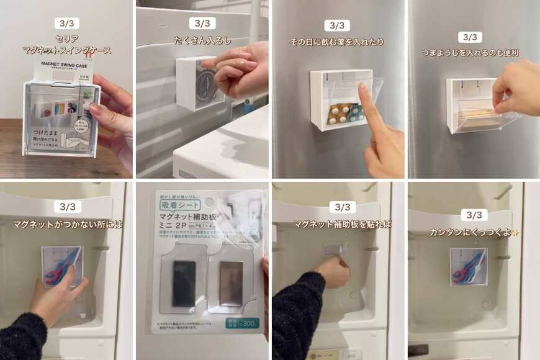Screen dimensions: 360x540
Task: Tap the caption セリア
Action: (67, 39)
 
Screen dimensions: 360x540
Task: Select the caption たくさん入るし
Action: (202, 40)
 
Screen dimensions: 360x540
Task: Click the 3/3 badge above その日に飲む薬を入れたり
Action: (337, 25)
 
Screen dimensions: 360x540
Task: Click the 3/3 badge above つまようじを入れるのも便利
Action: (470, 37)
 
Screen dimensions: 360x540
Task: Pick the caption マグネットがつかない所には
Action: (68, 224)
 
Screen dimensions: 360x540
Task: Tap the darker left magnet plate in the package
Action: (184, 283)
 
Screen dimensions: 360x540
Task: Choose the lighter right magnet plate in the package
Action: (231, 282)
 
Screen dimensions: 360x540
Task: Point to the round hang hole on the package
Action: (210, 202)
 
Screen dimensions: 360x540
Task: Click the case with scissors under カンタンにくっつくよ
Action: (469, 266)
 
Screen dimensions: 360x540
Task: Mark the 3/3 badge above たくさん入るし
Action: (202, 24)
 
